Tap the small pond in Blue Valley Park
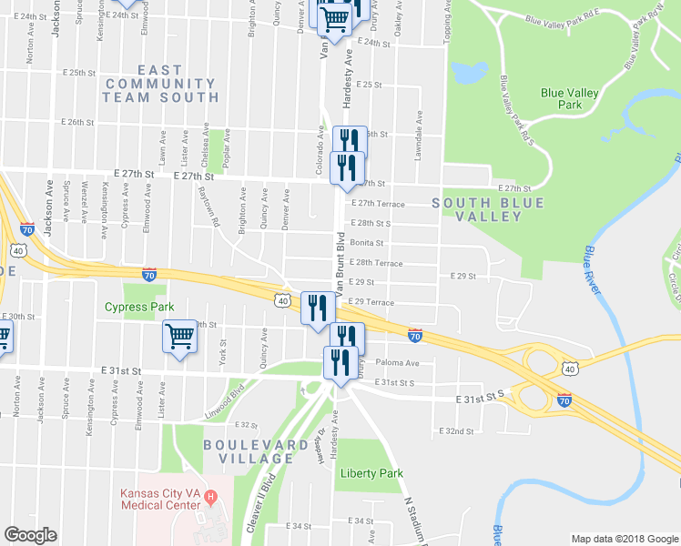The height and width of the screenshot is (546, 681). tap(468, 71)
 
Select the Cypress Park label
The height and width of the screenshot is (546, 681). tap(137, 307)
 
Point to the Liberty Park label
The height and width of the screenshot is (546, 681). tap(371, 473)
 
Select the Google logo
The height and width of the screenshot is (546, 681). tap(30, 535)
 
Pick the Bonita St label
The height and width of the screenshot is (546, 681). tap(368, 243)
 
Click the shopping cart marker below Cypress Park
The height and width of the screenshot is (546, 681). tap(180, 338)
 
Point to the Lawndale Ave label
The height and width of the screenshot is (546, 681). tap(419, 136)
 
